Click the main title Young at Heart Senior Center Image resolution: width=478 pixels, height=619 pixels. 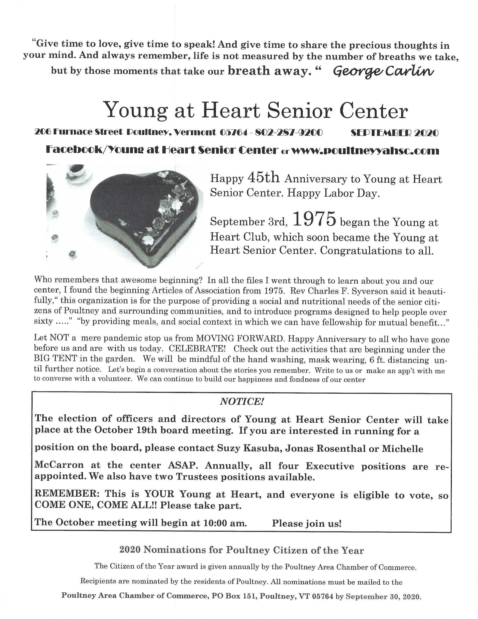(256, 111)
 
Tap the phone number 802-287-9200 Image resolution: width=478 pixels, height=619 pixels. (288, 133)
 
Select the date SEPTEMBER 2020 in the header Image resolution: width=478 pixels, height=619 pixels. (394, 133)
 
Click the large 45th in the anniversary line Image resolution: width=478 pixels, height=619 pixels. (264, 178)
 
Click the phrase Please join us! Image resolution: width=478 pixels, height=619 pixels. (306, 523)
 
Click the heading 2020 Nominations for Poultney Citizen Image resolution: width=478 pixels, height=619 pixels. (241, 550)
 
